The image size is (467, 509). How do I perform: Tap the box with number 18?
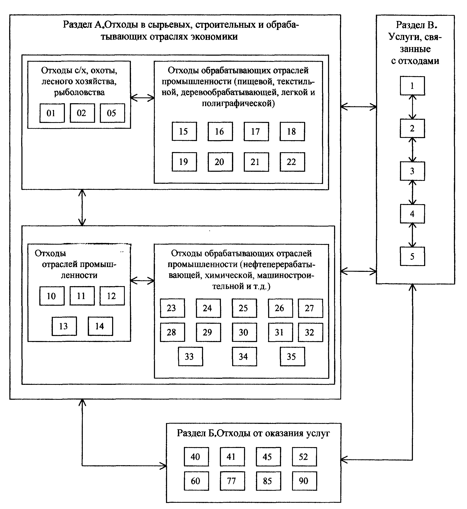coord(292,131)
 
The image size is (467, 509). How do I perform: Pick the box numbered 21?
coord(256,162)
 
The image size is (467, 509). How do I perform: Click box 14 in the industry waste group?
coord(100,326)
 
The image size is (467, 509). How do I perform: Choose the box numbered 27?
coord(311,308)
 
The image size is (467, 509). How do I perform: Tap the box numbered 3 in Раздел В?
coord(412,171)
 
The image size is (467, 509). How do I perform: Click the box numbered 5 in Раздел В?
coord(412,256)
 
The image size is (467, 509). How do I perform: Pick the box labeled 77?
coord(232,481)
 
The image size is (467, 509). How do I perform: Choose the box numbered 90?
coord(304,481)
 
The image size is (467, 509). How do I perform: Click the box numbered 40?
coord(196,457)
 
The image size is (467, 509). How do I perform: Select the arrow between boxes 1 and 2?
coord(413,107)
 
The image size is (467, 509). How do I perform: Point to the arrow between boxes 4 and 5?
coord(413,235)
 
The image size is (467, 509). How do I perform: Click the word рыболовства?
coord(79,92)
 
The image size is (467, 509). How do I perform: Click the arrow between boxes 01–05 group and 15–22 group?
coord(142,98)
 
